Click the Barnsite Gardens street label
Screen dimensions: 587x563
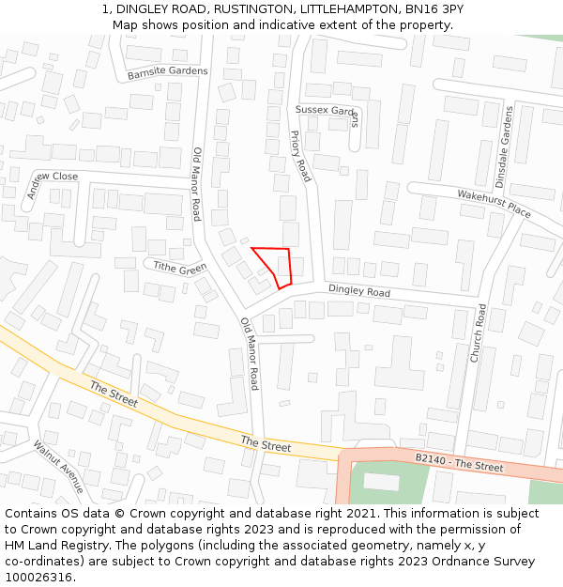167,71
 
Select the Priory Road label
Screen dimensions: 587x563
299,156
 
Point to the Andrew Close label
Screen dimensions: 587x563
52,184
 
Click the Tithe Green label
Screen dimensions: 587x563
179,268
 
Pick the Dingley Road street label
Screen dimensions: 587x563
358,291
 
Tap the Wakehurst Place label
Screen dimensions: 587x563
494,204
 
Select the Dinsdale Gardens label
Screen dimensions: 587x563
504,147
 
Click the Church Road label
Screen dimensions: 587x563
479,333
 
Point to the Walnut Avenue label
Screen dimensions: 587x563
58,466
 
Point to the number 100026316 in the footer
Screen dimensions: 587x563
38,578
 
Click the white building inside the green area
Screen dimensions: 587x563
381,481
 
